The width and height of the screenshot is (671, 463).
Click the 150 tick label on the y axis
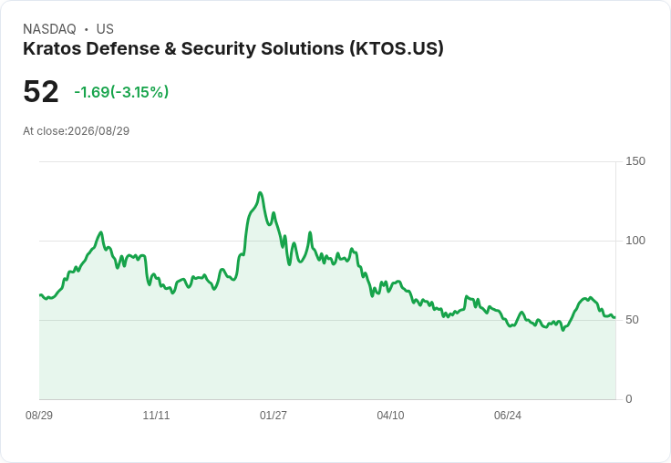[635, 161]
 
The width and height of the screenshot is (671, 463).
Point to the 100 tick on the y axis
[635, 241]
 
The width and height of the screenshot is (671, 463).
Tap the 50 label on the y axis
[632, 320]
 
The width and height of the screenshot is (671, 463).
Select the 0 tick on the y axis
[629, 399]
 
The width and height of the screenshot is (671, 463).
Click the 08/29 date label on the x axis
[39, 416]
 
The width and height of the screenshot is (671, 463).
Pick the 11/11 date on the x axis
[156, 416]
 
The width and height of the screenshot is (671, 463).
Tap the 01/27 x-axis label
[273, 416]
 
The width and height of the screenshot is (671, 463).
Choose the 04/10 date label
[390, 416]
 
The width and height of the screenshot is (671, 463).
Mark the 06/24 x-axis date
[508, 416]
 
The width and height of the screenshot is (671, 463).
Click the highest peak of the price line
[260, 193]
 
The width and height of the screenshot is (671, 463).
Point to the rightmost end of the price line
[614, 317]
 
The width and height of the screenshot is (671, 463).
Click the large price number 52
[41, 91]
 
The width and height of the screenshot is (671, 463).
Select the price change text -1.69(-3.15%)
[121, 92]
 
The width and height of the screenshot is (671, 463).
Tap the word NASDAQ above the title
[49, 29]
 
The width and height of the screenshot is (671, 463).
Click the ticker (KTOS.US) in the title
[397, 49]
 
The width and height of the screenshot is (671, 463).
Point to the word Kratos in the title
[52, 49]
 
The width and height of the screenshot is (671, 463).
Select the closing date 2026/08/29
[98, 131]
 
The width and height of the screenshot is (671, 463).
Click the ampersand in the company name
[170, 49]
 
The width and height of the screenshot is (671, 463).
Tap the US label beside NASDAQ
[105, 29]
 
